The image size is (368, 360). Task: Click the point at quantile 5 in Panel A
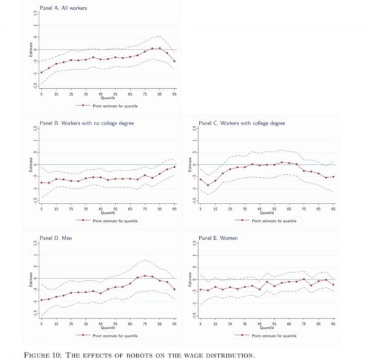(x=42, y=72)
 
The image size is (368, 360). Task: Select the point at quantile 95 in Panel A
(x=174, y=61)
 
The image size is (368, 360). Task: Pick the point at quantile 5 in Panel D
(x=42, y=301)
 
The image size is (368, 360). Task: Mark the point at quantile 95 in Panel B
(x=174, y=167)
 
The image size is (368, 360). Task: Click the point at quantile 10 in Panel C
(x=208, y=185)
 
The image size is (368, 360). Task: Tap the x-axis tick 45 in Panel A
(x=101, y=94)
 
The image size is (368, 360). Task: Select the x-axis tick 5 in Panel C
(x=201, y=209)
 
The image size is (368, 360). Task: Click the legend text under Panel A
(x=114, y=105)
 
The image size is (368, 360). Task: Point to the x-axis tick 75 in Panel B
(x=145, y=209)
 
